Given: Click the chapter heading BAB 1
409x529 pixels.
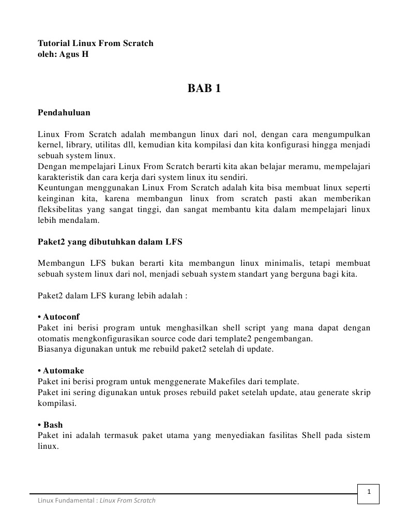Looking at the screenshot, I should point(204,88).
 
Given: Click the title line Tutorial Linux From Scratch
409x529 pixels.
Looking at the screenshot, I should point(96,43).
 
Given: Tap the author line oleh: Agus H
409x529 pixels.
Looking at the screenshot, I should point(63,54).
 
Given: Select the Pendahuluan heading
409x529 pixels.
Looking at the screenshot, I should point(64,112).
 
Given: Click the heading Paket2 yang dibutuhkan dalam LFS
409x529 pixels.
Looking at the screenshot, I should point(110,242).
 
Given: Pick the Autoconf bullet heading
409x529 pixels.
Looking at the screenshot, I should point(59,316).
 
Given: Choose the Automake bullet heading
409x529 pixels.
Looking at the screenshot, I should point(61,371).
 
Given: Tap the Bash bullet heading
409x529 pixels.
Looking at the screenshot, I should point(50,425).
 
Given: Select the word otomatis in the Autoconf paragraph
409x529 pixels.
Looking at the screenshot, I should point(54,338).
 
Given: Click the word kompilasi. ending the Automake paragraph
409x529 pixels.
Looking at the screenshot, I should point(57,403).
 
